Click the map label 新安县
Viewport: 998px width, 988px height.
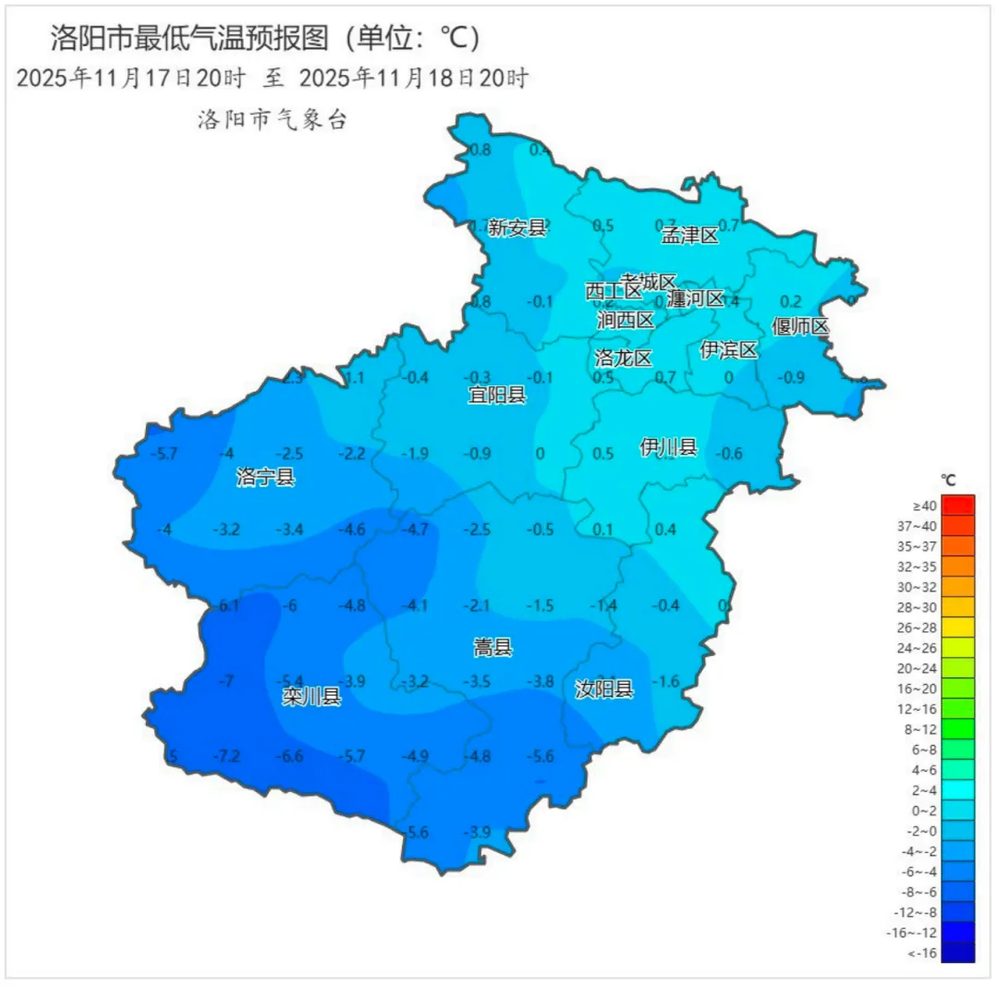tap(517, 227)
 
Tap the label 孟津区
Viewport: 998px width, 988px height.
tap(689, 236)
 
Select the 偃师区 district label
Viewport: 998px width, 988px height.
tap(800, 326)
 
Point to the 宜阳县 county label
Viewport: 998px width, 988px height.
tap(496, 396)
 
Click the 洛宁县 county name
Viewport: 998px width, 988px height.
tap(265, 477)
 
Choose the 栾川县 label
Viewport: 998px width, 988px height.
tap(311, 698)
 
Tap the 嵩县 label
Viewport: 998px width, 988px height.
tap(493, 648)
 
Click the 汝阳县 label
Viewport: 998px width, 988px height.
tap(604, 689)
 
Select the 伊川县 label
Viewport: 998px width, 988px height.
tap(668, 448)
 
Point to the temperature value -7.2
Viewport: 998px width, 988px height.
tap(226, 757)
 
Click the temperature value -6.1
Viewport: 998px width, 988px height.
tap(228, 605)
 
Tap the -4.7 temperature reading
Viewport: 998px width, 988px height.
tap(416, 530)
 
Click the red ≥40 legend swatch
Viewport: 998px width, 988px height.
tap(958, 506)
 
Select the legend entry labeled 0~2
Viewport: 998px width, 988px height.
tap(958, 810)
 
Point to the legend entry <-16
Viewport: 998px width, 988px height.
tap(958, 952)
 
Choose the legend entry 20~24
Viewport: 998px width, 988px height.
tap(958, 668)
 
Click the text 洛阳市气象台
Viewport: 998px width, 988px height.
tap(272, 120)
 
